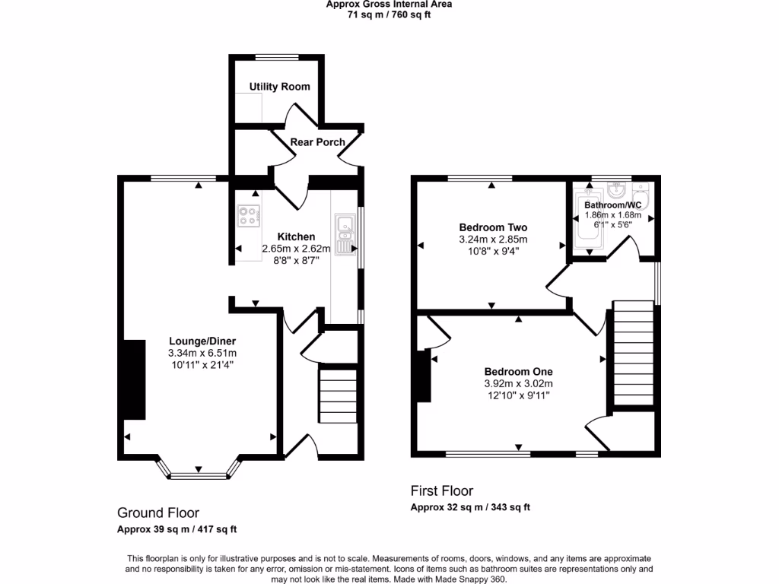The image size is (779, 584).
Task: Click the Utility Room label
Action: pyautogui.click(x=279, y=87)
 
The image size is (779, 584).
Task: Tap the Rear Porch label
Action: pyautogui.click(x=317, y=142)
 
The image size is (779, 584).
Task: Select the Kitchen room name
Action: pyautogui.click(x=296, y=236)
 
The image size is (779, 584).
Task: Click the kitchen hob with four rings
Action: pyautogui.click(x=248, y=216)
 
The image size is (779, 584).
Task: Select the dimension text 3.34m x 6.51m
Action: pyautogui.click(x=202, y=353)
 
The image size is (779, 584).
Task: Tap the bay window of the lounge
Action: pyautogui.click(x=199, y=476)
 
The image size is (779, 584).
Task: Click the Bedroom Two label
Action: pyautogui.click(x=493, y=227)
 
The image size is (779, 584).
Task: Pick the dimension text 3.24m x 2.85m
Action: pyautogui.click(x=493, y=240)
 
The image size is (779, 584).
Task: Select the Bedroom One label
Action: pyautogui.click(x=518, y=371)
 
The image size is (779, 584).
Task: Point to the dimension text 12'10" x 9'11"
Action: pyautogui.click(x=518, y=395)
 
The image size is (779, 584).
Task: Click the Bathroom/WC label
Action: pyautogui.click(x=612, y=205)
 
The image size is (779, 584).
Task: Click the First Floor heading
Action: pyautogui.click(x=441, y=491)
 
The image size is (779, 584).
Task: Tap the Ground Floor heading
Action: pyautogui.click(x=157, y=513)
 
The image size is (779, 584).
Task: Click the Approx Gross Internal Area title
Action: pyautogui.click(x=389, y=4)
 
